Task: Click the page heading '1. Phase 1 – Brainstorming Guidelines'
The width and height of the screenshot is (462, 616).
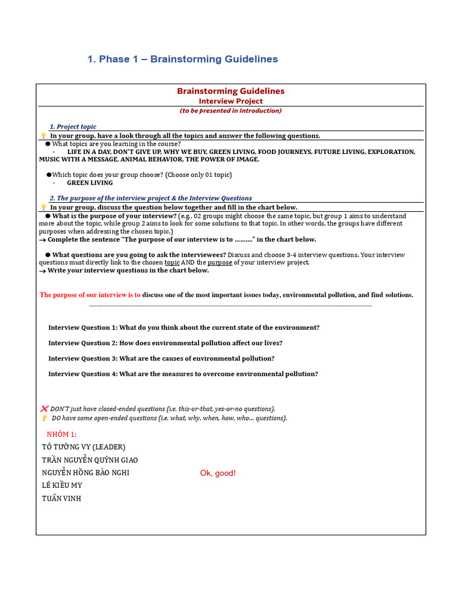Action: (x=182, y=59)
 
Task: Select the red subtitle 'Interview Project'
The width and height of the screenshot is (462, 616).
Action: (x=231, y=101)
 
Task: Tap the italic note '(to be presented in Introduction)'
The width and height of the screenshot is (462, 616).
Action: (x=231, y=111)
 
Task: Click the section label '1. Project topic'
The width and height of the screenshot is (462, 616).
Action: (x=73, y=126)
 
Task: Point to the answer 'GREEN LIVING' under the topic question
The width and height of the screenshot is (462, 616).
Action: (x=90, y=183)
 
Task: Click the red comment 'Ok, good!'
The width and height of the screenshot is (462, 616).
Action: (x=218, y=473)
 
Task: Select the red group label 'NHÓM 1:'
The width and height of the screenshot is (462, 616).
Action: (x=62, y=434)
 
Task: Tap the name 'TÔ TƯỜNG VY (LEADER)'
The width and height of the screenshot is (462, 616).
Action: (x=84, y=447)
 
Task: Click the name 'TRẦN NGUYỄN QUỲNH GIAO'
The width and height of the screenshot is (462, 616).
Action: (x=90, y=460)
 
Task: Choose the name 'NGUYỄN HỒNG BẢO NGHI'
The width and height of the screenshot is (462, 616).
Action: (x=85, y=473)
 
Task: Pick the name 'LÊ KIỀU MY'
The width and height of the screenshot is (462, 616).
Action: (x=62, y=485)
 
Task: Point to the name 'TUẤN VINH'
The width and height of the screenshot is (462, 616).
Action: (x=61, y=499)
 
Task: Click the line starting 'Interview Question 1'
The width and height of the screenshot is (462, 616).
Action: (x=183, y=328)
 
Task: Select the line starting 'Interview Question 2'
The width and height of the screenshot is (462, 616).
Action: (x=165, y=343)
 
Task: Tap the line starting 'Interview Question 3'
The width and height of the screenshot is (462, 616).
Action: (x=161, y=359)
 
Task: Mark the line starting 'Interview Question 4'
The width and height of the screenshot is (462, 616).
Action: (x=183, y=374)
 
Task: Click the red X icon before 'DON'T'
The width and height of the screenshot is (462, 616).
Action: (x=44, y=409)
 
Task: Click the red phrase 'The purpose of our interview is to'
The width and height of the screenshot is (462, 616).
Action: (x=90, y=295)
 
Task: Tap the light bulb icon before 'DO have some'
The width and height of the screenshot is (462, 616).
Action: (x=44, y=418)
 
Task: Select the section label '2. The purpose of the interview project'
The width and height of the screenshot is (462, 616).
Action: (x=150, y=198)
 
